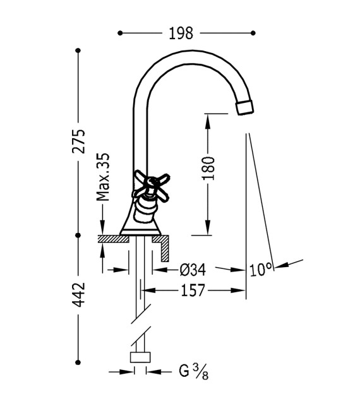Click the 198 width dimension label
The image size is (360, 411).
pyautogui.click(x=181, y=33)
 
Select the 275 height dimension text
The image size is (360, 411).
pyautogui.click(x=78, y=142)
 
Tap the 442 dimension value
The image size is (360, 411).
pyautogui.click(x=78, y=295)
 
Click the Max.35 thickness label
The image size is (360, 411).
pyautogui.click(x=102, y=177)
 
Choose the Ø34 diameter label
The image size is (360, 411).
pyautogui.click(x=193, y=270)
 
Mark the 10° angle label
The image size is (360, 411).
pyautogui.click(x=260, y=270)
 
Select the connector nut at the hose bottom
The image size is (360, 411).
pyautogui.click(x=140, y=358)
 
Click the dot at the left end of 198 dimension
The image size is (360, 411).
pyautogui.click(x=120, y=33)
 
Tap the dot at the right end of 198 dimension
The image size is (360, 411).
pyautogui.click(x=253, y=33)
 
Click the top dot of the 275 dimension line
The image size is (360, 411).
pyautogui.click(x=78, y=50)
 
